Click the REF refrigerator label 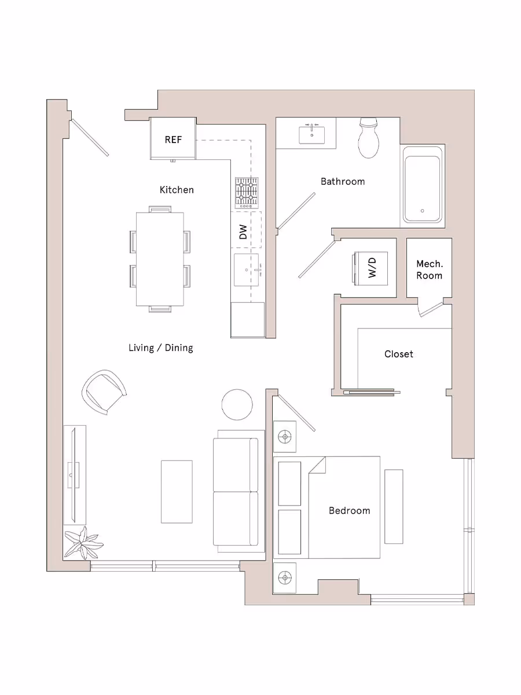173,140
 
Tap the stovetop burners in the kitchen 246,193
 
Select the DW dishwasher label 243,232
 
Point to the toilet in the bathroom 368,138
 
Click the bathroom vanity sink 312,135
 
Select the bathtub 423,185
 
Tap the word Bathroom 343,181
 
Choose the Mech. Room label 429,269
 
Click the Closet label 398,354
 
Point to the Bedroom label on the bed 349,510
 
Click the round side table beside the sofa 237,404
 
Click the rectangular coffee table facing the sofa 177,492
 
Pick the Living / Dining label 160,348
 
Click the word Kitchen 177,189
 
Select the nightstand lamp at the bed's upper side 284,436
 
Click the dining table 160,259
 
